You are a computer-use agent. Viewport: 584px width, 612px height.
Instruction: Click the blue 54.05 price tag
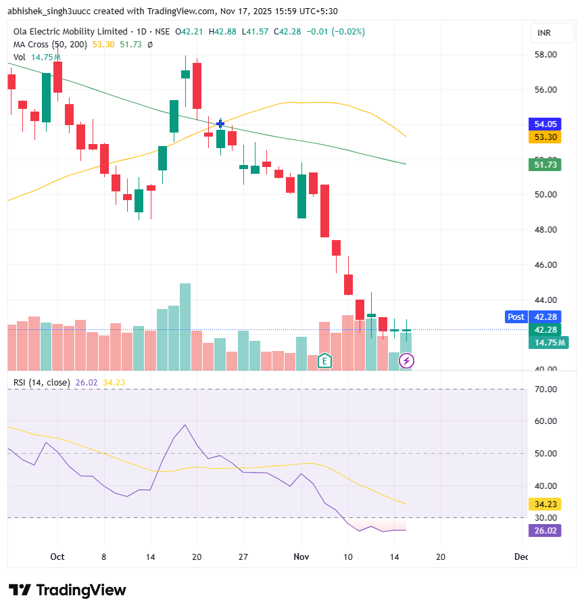pyautogui.click(x=545, y=124)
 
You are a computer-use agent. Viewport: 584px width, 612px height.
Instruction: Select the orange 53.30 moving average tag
pyautogui.click(x=545, y=137)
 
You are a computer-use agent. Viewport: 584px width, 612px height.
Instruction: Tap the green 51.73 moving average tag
pyautogui.click(x=545, y=164)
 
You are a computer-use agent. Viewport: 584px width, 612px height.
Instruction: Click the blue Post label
pyautogui.click(x=516, y=316)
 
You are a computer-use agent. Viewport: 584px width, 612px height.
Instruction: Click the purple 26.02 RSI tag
pyautogui.click(x=545, y=531)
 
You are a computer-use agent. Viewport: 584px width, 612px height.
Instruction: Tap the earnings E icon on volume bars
pyautogui.click(x=325, y=361)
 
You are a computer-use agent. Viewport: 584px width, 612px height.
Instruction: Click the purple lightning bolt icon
pyautogui.click(x=407, y=361)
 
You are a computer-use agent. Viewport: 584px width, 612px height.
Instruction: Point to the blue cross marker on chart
pyautogui.click(x=220, y=124)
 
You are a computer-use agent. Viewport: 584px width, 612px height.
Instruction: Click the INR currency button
pyautogui.click(x=545, y=32)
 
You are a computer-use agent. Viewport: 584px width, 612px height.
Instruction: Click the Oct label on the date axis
pyautogui.click(x=57, y=557)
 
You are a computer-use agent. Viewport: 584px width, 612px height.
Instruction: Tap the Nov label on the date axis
pyautogui.click(x=301, y=557)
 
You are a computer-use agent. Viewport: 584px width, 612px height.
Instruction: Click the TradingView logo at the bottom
pyautogui.click(x=68, y=590)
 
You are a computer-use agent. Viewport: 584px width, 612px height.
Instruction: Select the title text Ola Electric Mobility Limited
pyautogui.click(x=70, y=32)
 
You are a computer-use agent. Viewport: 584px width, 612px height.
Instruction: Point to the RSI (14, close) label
pyautogui.click(x=41, y=383)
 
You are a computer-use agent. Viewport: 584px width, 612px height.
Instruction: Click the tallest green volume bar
pyautogui.click(x=185, y=327)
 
